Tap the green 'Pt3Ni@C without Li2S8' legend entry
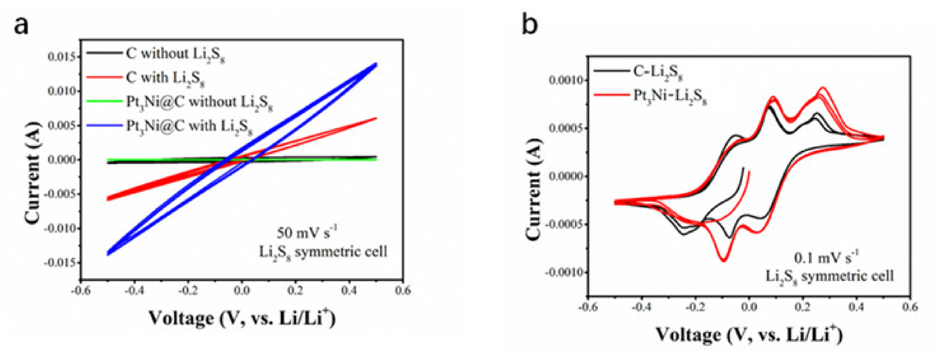(x=199, y=102)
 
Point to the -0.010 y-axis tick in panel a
(x=61, y=228)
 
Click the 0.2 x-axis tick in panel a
(x=295, y=291)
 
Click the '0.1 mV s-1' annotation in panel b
(x=826, y=258)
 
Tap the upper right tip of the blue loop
(x=376, y=65)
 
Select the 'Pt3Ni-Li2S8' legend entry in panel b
(x=670, y=96)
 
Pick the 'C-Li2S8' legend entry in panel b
(x=658, y=72)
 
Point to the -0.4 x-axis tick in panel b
(x=641, y=307)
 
